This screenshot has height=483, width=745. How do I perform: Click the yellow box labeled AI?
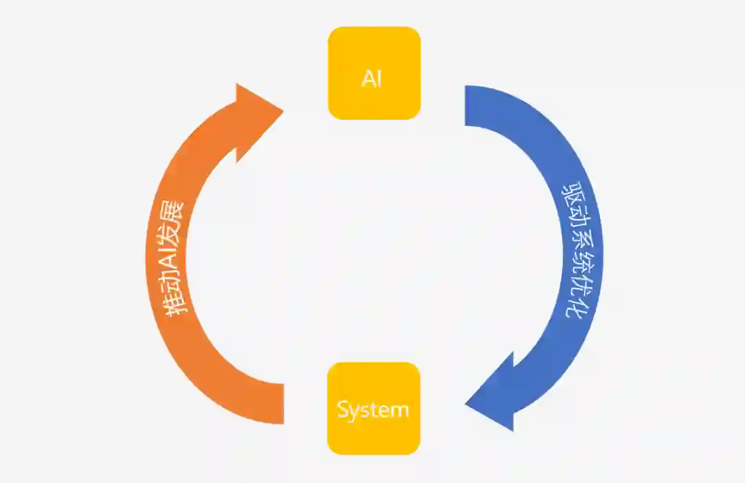tap(374, 73)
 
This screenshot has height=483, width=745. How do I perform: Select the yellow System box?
tap(373, 409)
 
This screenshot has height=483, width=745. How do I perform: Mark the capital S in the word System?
tap(344, 409)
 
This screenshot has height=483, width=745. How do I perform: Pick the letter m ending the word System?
tap(400, 411)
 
